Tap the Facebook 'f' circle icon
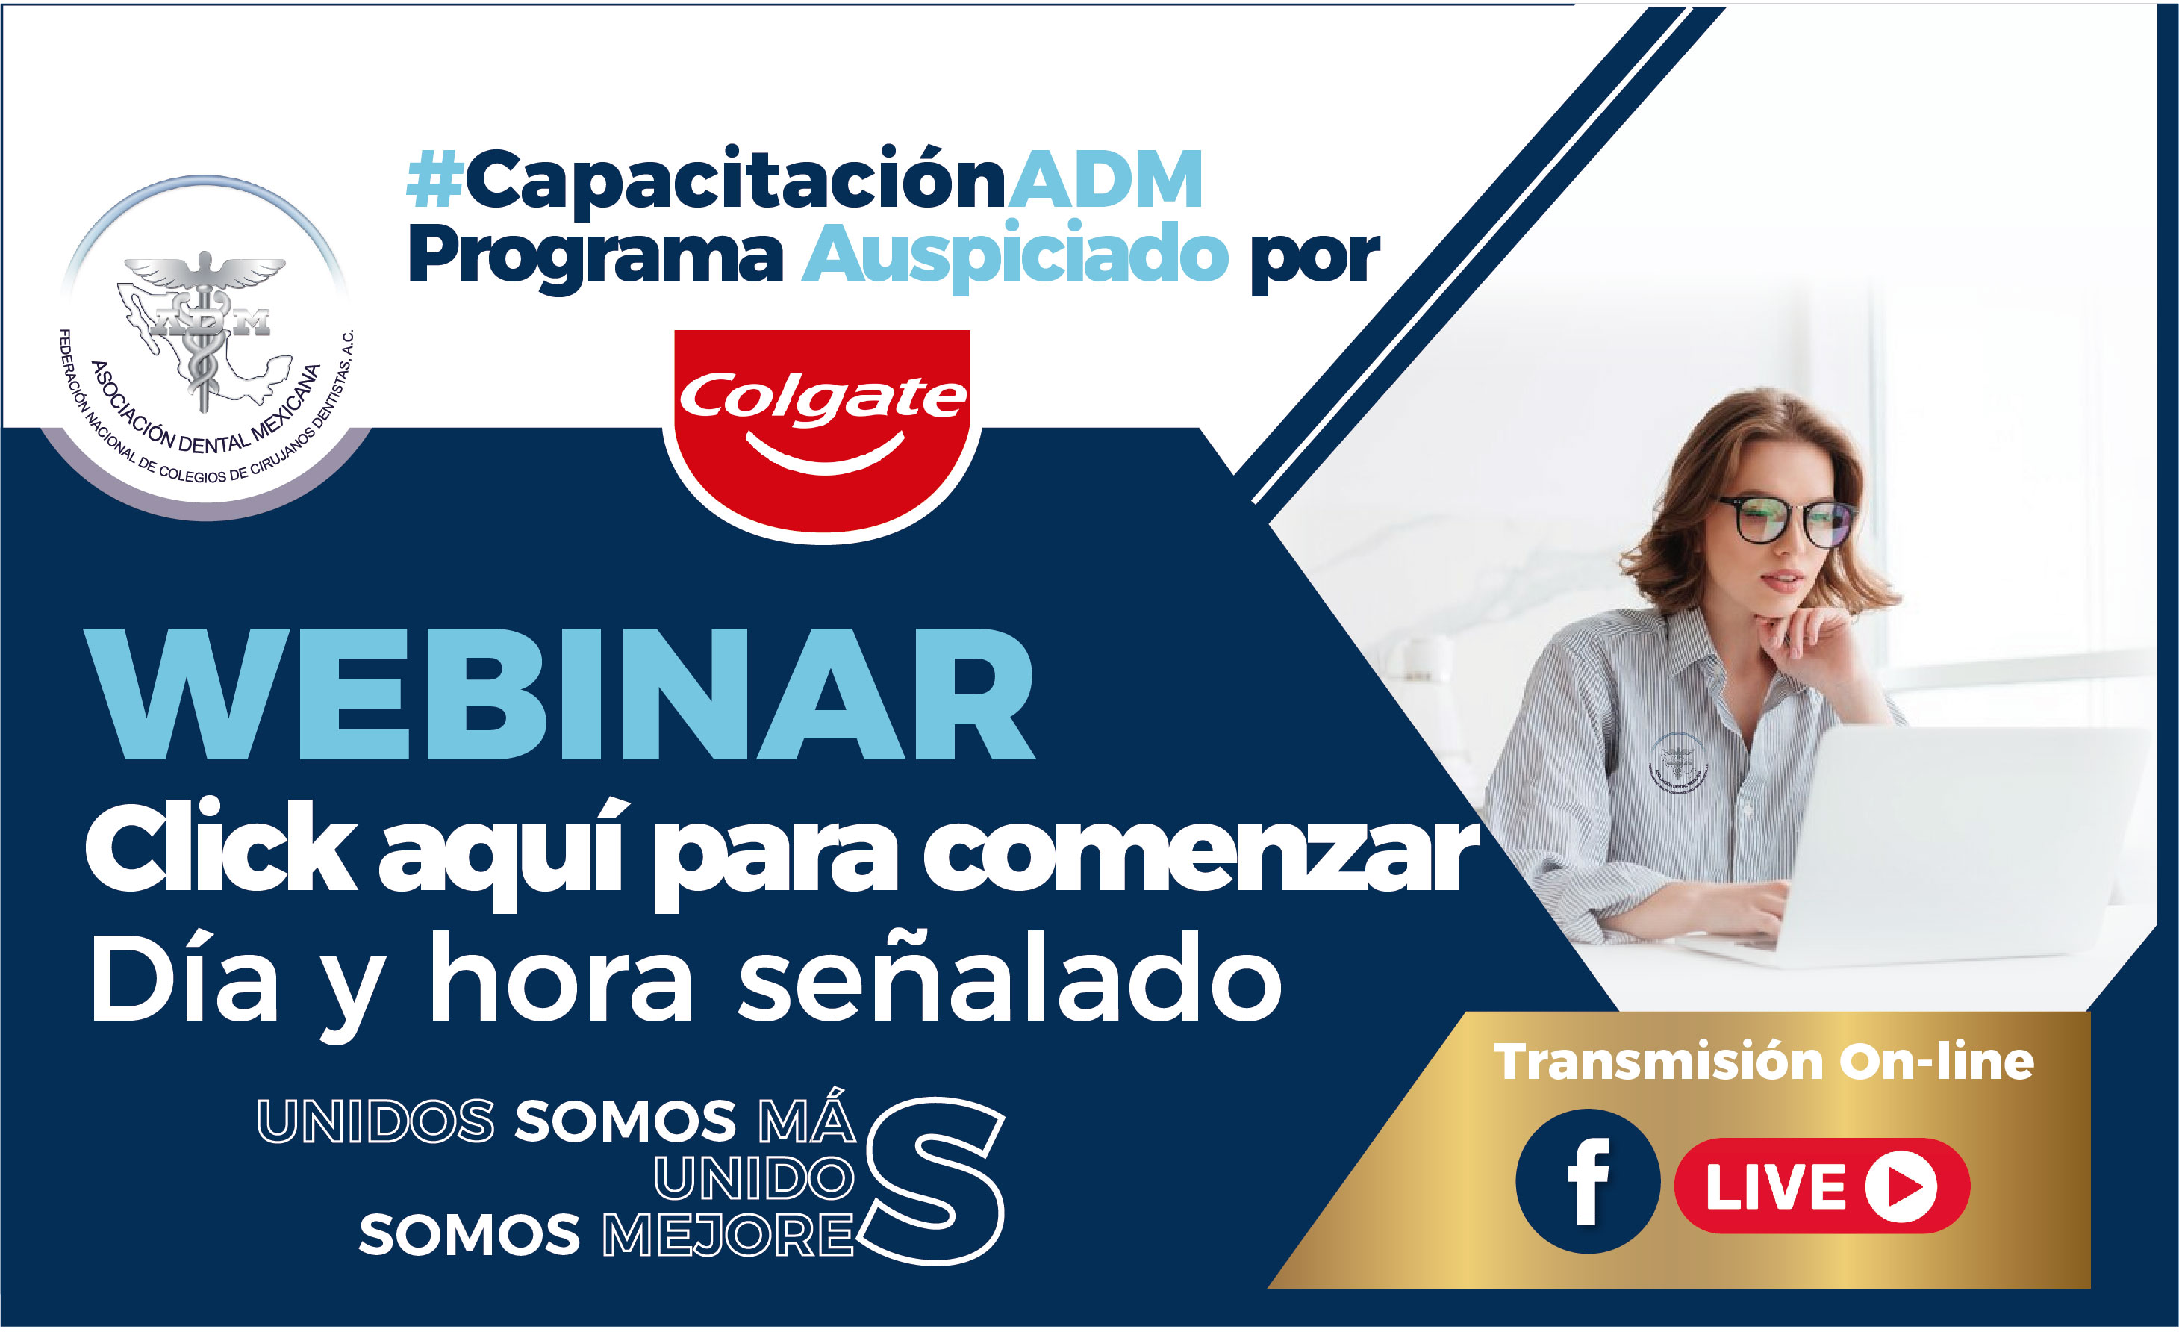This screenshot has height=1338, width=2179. pos(1587,1181)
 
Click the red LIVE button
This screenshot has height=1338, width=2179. pos(1821,1186)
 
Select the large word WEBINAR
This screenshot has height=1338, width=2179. pos(560,694)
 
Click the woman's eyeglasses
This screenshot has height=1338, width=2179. pos(1786,520)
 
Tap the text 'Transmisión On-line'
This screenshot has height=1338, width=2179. pos(1764,1062)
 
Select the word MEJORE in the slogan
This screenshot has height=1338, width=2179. pos(727,1236)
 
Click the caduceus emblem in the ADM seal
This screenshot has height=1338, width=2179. pos(205,332)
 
